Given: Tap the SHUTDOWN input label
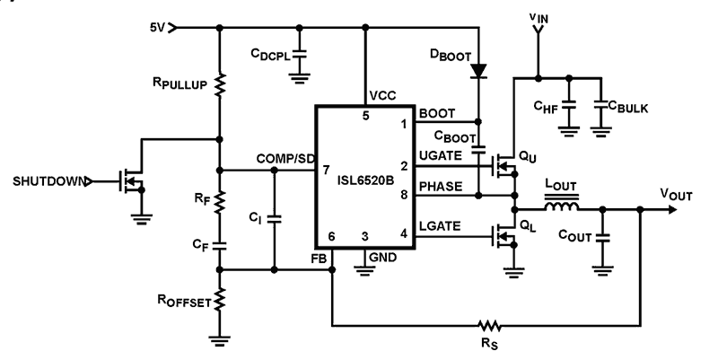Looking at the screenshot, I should tap(49, 181).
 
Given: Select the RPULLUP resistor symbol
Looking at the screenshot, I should tap(220, 85).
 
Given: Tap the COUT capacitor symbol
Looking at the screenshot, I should tap(602, 238).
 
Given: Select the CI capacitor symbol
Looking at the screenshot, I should tap(276, 218).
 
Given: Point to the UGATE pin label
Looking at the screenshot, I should tap(437, 156).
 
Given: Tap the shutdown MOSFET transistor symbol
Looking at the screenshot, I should tap(128, 181).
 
